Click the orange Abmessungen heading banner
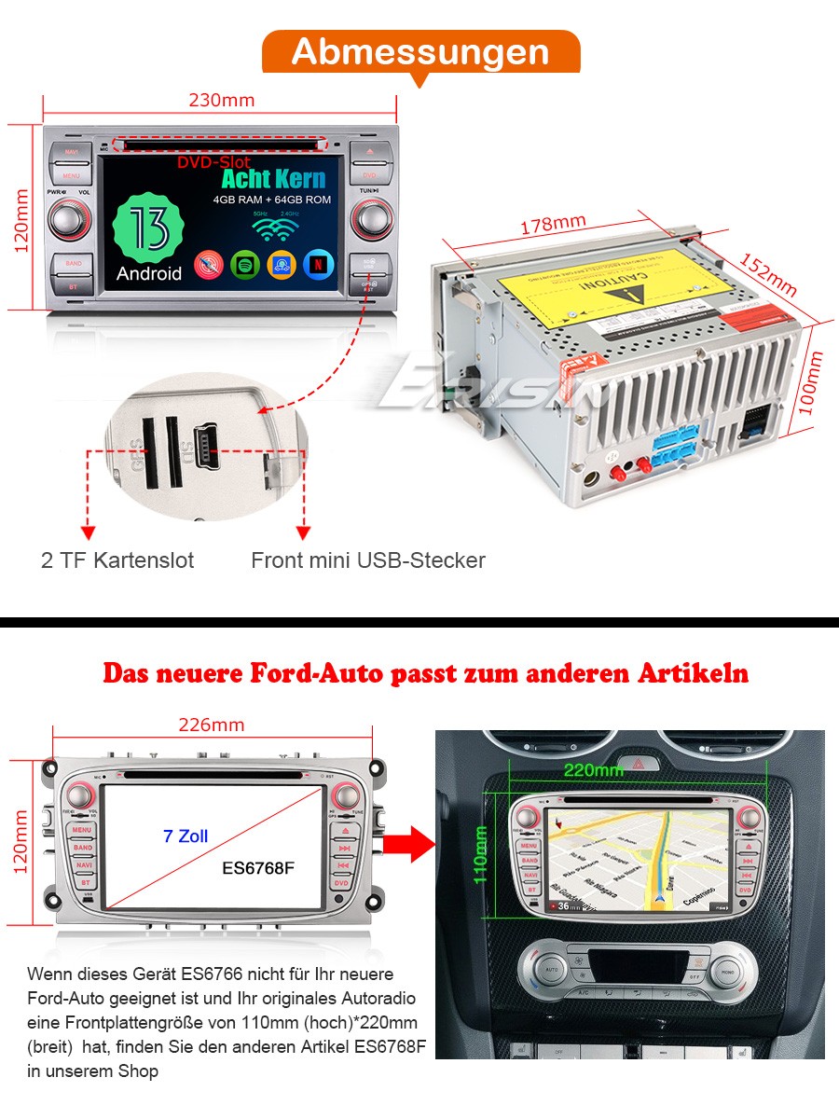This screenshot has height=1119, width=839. coord(420,52)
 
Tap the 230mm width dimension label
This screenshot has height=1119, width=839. coord(222,101)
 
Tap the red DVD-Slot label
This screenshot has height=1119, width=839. coord(213,162)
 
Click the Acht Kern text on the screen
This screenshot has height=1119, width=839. coord(273,179)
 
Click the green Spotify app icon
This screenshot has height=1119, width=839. coord(244,265)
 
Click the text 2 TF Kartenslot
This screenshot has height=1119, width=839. coord(117,560)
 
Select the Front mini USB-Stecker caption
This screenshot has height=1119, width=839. coord(368,560)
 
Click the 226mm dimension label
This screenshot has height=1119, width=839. coord(212,725)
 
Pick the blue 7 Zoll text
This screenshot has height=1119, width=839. coord(186,836)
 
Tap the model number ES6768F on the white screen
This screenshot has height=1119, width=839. coord(258,868)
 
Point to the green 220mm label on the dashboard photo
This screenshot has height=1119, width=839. coord(593,770)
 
